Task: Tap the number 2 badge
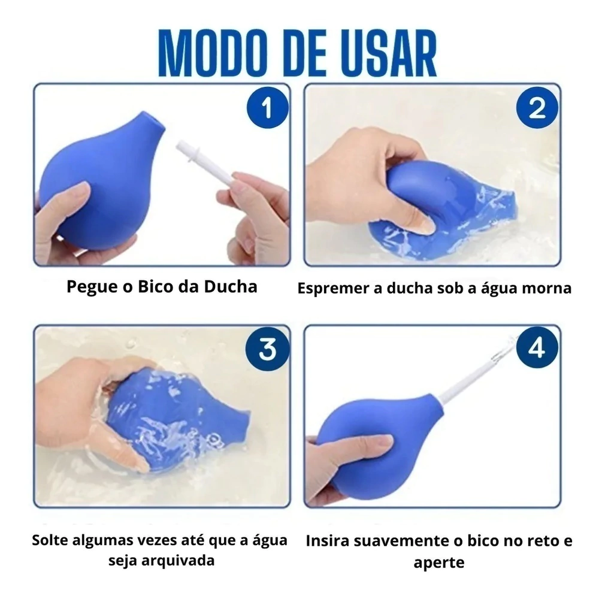tap(537, 110)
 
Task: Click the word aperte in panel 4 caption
tap(438, 562)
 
